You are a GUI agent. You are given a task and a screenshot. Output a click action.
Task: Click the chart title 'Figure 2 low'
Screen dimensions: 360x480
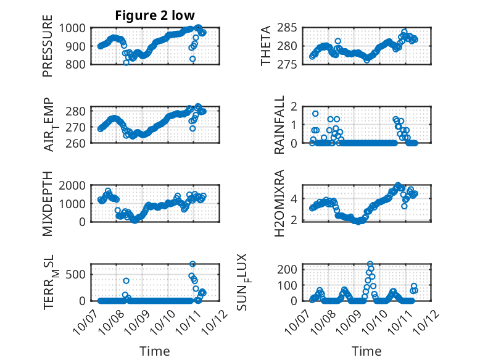(x=155, y=16)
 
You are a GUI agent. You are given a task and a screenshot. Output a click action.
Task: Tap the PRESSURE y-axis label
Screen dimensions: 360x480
(x=48, y=51)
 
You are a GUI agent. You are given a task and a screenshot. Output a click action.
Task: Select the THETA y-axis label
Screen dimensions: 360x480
(x=266, y=46)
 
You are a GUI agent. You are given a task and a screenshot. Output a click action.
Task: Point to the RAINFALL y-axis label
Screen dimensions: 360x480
(x=279, y=125)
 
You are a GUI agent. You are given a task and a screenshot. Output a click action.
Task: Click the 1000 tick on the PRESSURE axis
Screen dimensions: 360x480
(x=75, y=28)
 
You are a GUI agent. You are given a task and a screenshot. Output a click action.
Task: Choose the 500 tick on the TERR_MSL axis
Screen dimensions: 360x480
(x=78, y=275)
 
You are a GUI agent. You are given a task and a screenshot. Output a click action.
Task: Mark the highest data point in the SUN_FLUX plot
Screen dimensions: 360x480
(x=370, y=264)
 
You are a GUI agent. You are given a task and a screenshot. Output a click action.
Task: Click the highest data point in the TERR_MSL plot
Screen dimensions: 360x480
(x=192, y=264)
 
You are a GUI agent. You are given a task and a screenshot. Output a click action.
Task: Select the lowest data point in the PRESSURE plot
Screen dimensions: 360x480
(x=126, y=62)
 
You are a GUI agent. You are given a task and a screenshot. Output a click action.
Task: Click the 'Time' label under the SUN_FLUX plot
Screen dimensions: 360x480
(x=366, y=351)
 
